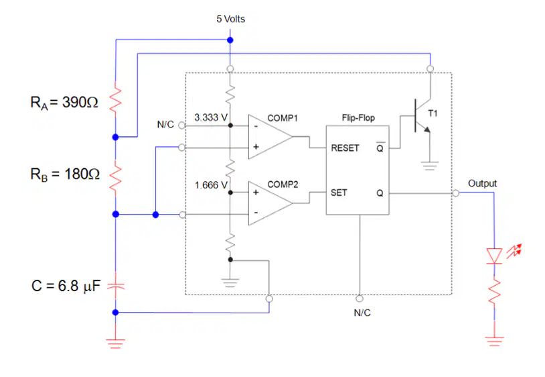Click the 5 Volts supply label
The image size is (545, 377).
click(230, 19)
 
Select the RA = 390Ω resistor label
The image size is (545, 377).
click(64, 103)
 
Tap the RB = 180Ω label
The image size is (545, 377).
click(65, 174)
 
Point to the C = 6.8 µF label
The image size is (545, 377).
click(66, 286)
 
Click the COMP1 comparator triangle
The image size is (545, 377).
click(270, 137)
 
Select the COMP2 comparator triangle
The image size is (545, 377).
click(270, 203)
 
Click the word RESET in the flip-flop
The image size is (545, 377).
click(345, 148)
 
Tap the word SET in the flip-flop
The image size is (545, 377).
click(339, 193)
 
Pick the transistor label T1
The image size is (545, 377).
click(433, 113)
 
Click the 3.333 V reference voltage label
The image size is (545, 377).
click(211, 117)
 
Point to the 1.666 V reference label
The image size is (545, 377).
click(211, 185)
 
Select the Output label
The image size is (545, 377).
click(483, 183)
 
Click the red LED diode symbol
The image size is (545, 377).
click(494, 256)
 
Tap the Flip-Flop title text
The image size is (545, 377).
click(358, 117)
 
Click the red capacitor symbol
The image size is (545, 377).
click(116, 286)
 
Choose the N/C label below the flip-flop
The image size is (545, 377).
click(362, 313)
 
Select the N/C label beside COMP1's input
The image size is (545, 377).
click(165, 124)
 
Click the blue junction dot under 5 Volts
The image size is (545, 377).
click(230, 40)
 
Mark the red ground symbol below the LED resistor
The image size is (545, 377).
click(494, 341)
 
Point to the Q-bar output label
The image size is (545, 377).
click(380, 148)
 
